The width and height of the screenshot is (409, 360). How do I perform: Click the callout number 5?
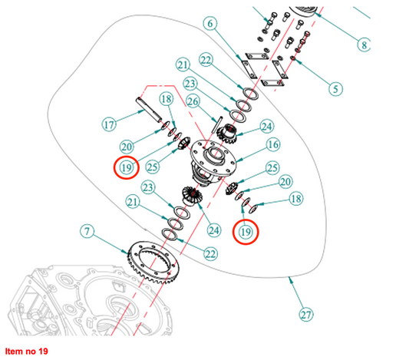[335, 89]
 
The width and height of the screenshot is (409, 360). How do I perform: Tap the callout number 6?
[210, 24]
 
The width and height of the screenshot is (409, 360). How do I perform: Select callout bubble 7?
[87, 231]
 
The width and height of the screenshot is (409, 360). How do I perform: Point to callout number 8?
[364, 45]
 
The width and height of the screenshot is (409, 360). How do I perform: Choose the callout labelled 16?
[273, 144]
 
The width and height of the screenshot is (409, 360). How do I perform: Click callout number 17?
[109, 124]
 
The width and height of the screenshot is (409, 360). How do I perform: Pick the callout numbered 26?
[193, 101]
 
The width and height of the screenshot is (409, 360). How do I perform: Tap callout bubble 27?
[306, 315]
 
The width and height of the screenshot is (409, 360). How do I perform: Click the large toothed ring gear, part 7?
[153, 263]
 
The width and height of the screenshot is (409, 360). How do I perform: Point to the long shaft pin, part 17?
[149, 110]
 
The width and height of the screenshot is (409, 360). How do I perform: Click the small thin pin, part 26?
[218, 124]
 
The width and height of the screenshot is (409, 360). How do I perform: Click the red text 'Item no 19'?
[27, 351]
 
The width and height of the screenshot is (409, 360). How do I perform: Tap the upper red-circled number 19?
[127, 167]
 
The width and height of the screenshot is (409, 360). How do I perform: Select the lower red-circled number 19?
[246, 232]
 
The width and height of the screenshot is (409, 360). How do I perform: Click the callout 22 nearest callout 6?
[206, 60]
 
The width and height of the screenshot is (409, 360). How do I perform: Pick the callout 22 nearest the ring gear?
[211, 253]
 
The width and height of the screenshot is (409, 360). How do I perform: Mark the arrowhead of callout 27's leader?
[290, 279]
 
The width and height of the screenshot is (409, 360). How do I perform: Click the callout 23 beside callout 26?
[190, 84]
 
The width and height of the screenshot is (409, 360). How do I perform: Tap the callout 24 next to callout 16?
[267, 127]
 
